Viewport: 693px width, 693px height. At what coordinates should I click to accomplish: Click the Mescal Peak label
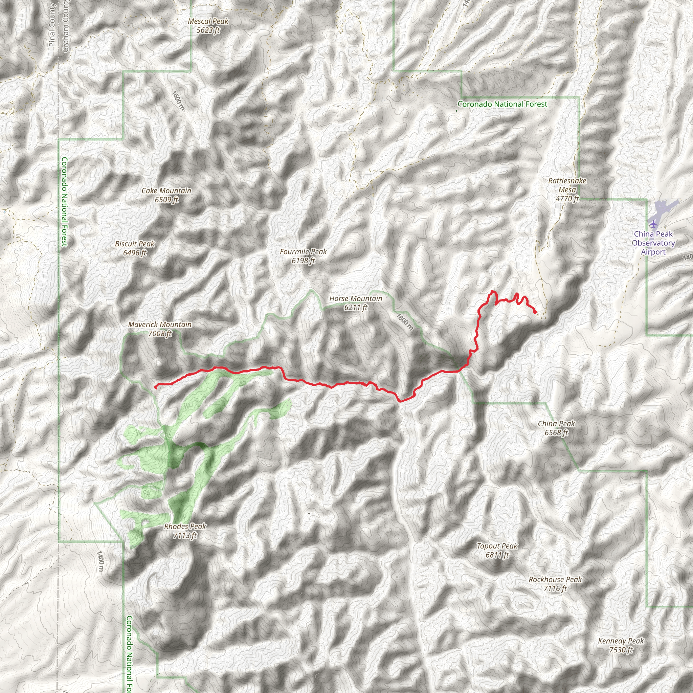click(208, 26)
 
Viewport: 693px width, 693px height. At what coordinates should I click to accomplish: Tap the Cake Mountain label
click(166, 195)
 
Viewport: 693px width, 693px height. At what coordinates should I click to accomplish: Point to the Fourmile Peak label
click(303, 256)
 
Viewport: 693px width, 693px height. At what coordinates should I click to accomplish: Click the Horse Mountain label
click(356, 303)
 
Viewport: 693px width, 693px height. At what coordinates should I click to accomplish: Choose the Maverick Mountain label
click(160, 329)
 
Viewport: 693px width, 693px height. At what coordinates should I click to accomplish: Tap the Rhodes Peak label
click(185, 531)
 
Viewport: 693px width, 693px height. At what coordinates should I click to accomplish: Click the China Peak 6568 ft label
click(556, 428)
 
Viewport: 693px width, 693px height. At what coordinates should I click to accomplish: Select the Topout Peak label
click(497, 550)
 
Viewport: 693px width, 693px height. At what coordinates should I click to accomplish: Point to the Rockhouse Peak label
click(555, 584)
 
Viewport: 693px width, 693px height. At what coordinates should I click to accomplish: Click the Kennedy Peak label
click(621, 645)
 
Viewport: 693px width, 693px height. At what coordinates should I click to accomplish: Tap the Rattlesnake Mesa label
click(567, 189)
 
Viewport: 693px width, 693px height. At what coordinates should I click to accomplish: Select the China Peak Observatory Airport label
click(653, 243)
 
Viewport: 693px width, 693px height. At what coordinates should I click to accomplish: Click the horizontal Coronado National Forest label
click(502, 104)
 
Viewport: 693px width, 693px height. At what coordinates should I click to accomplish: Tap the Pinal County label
click(52, 25)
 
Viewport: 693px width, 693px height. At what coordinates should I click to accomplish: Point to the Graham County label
click(65, 26)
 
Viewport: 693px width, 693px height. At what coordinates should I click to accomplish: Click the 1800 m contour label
click(404, 322)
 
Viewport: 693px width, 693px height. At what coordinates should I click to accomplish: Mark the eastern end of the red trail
click(535, 312)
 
